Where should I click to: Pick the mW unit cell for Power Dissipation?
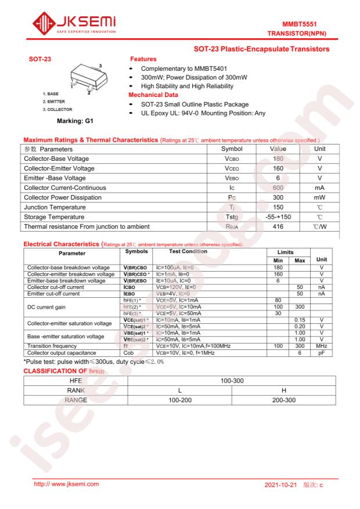[x=319, y=197]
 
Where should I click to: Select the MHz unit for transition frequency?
[x=322, y=345]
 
